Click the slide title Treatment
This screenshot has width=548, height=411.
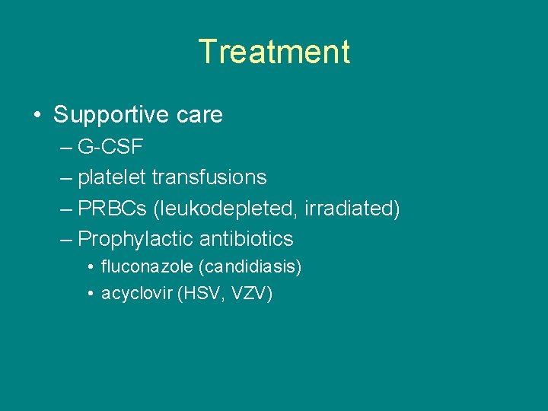tap(274, 52)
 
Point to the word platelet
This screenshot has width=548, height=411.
tap(112, 177)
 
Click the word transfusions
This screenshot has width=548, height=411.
tap(209, 177)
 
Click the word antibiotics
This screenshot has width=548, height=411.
tap(246, 239)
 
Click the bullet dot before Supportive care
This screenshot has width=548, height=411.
tap(37, 116)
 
